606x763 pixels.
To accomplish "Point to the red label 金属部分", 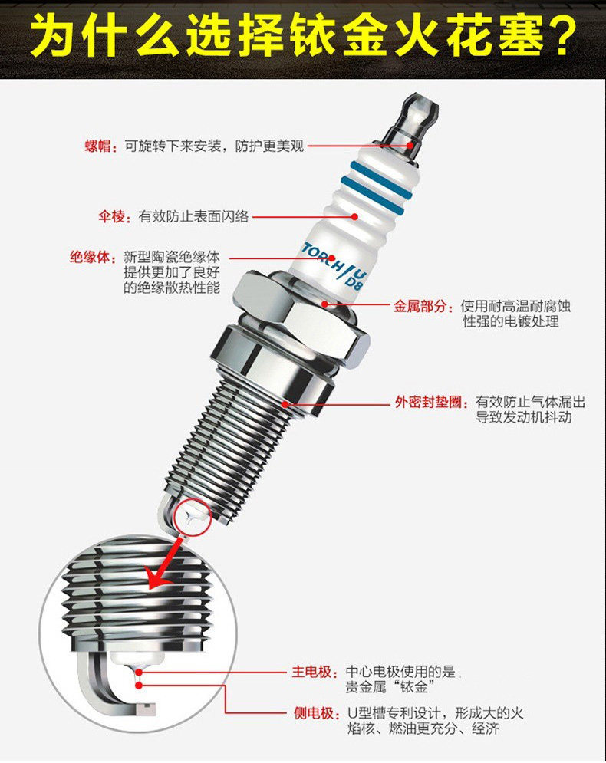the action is (419, 306).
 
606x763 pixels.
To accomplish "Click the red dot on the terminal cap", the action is (411, 143).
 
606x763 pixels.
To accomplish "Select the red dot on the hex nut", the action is (325, 304).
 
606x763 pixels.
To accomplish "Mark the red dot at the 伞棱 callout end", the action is (354, 217).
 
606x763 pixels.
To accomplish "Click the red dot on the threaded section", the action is (285, 402).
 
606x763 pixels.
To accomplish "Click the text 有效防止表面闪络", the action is (194, 217).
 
